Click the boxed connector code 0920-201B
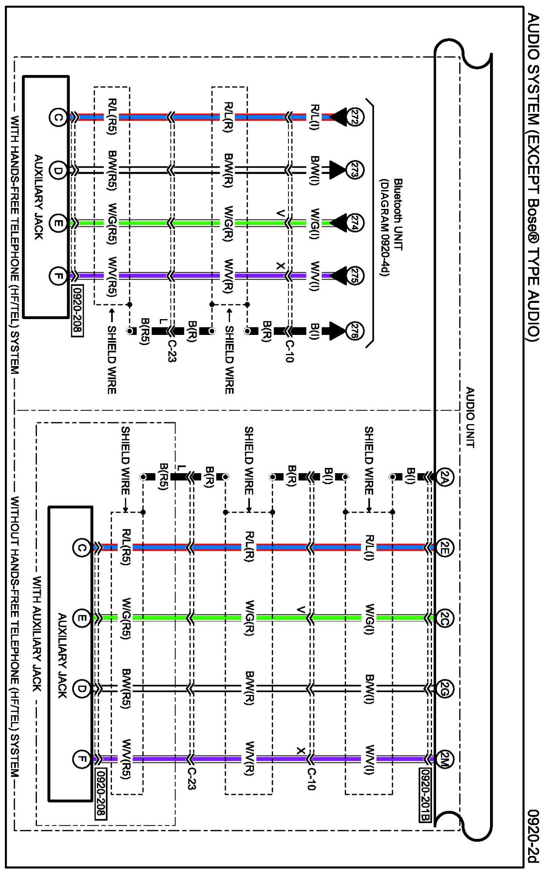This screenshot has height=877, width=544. click(x=425, y=795)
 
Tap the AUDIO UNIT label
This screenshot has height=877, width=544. click(x=470, y=417)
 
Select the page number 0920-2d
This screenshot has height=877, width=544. click(x=533, y=836)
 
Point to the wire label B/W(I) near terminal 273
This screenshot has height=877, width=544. click(x=315, y=170)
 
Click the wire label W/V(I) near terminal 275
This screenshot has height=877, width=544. click(x=315, y=276)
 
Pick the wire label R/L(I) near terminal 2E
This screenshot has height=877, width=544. click(x=369, y=548)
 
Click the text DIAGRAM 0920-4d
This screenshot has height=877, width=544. click(x=385, y=227)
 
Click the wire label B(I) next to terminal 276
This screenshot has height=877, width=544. click(x=315, y=331)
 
